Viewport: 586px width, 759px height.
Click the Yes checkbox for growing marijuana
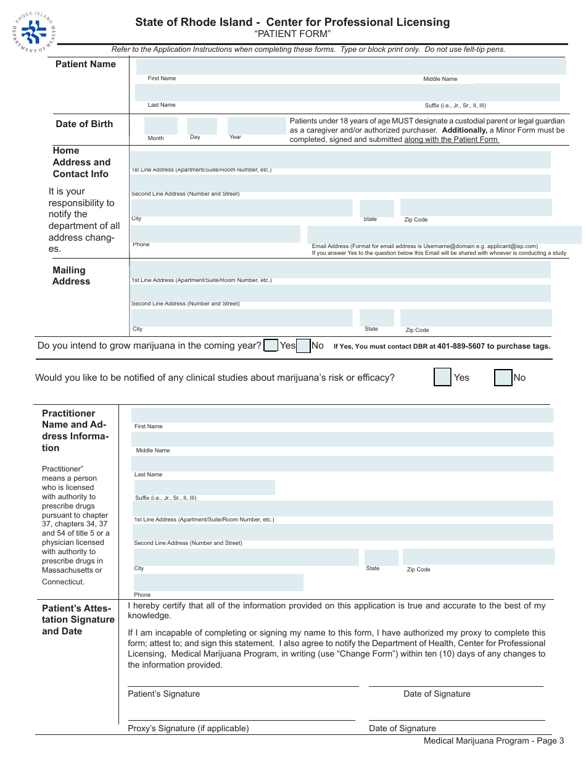point(271,346)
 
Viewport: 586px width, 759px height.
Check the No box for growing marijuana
point(303,346)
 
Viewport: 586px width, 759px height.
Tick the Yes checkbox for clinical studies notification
point(442,377)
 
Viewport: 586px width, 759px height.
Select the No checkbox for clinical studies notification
point(503,377)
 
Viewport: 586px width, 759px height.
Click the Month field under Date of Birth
point(161,126)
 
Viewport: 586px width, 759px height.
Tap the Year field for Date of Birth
point(256,126)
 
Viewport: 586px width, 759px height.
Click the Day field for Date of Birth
point(202,126)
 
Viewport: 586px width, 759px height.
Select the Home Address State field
point(377,209)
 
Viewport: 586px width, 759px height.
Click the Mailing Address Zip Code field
point(476,318)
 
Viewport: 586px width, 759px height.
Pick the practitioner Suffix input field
point(204,487)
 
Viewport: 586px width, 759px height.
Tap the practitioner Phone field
point(218,583)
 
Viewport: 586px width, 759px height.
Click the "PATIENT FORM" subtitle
point(292,34)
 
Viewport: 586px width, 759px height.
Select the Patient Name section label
point(86,64)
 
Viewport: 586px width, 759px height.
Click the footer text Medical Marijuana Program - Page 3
point(493,741)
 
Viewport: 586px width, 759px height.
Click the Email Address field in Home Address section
point(444,234)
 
